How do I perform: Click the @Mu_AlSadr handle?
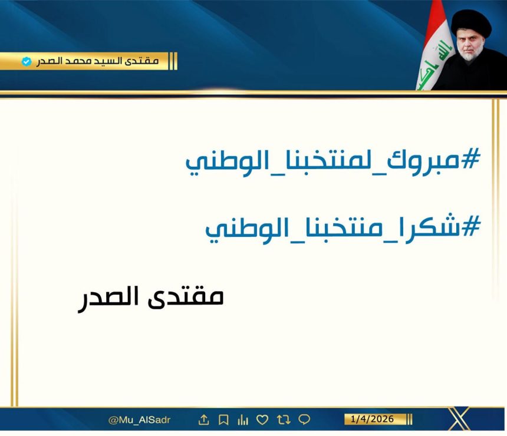[x=139, y=420]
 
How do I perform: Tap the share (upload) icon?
[x=203, y=420]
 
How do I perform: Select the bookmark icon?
[x=223, y=420]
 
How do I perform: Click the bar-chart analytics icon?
[x=242, y=420]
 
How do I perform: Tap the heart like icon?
[x=262, y=420]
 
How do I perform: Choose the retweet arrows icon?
[x=283, y=420]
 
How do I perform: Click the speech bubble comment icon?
[x=304, y=420]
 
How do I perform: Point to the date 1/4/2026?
[x=371, y=420]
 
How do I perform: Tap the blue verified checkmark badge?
[x=26, y=61]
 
